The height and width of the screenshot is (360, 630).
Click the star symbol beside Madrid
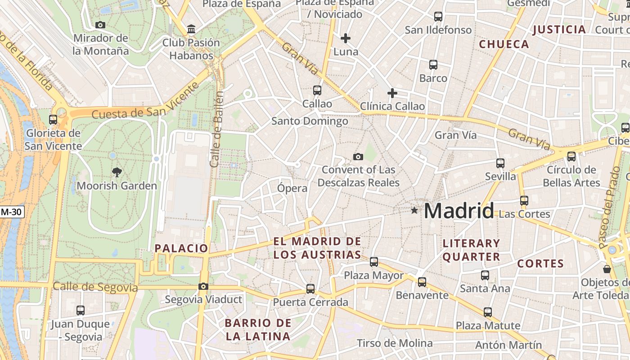[x=414, y=210]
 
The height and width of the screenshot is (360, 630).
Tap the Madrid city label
[x=459, y=211]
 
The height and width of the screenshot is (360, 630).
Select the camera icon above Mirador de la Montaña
[x=100, y=25]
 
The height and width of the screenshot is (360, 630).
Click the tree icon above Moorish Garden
[x=117, y=171]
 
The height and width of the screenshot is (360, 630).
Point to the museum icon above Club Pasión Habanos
[x=191, y=29]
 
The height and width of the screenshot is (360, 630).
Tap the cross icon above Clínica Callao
[x=392, y=93]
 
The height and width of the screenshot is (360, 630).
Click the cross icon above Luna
[x=346, y=38]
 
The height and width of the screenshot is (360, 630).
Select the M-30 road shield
[x=12, y=211]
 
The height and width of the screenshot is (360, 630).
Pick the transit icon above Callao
[x=317, y=90]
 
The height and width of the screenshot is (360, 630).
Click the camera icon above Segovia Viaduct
[x=203, y=286]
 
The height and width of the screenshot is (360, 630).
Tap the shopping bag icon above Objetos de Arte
[x=607, y=269]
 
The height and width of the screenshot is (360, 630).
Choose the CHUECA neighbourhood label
[x=504, y=44]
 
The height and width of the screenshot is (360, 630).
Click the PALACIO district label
[x=181, y=248]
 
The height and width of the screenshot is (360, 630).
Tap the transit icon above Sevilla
[x=500, y=163]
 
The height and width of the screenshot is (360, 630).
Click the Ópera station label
[x=292, y=188]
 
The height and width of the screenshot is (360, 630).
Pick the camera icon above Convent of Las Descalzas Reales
[x=358, y=157]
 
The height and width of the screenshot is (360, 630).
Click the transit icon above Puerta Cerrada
[x=310, y=289]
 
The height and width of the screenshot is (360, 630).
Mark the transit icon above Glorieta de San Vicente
[x=53, y=120]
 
